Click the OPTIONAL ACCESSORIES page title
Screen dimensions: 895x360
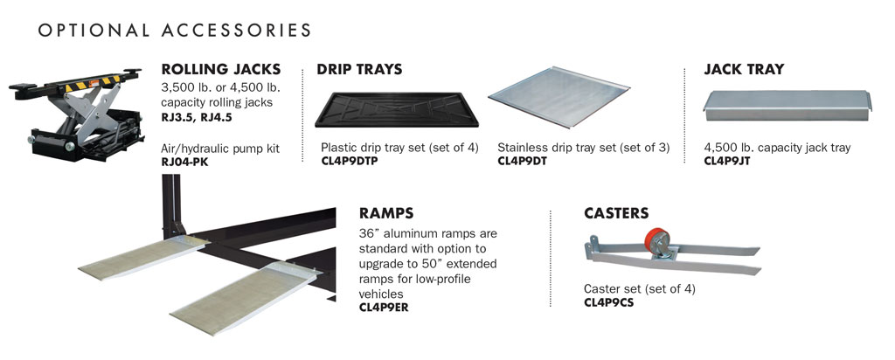(x=175, y=31)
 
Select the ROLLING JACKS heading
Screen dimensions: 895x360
(x=221, y=70)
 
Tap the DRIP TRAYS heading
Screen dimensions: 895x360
(x=359, y=70)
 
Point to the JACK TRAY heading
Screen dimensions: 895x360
(x=745, y=70)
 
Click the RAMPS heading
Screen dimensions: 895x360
(x=386, y=213)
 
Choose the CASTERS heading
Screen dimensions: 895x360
(x=616, y=213)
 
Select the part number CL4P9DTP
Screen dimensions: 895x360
(x=350, y=160)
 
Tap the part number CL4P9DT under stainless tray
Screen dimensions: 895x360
(x=523, y=160)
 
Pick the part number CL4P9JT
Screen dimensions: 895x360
(x=727, y=160)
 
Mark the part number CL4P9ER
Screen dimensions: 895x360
(x=384, y=307)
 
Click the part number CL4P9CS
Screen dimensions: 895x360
(x=608, y=302)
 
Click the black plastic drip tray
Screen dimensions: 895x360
(x=397, y=109)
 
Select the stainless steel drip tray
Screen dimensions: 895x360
(x=559, y=97)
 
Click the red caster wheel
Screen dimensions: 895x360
(x=656, y=241)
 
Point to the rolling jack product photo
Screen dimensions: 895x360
(x=76, y=114)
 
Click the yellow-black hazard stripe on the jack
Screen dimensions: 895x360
(x=91, y=83)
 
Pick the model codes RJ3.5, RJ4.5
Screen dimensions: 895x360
(x=198, y=118)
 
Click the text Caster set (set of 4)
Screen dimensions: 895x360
(x=639, y=288)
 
